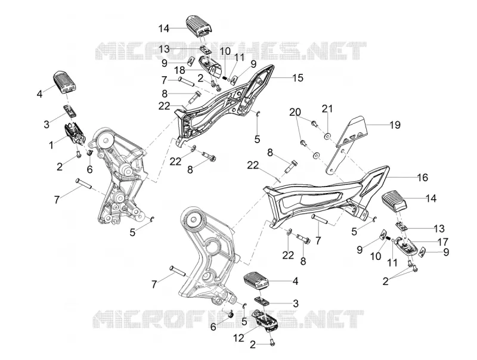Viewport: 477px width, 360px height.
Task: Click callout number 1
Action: pos(51,145)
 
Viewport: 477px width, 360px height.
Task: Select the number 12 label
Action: pos(239,337)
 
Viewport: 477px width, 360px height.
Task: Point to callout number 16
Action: pos(423,177)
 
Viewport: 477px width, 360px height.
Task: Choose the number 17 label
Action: pos(442,242)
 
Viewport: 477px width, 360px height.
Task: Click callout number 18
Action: pos(180,70)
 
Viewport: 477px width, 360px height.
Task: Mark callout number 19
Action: pos(395,125)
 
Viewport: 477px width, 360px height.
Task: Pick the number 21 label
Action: pos(327,109)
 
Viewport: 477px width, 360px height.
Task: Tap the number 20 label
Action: pos(295,112)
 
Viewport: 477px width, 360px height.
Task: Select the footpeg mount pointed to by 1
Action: pos(73,134)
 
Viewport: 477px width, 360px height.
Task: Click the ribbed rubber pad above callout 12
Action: pos(256,280)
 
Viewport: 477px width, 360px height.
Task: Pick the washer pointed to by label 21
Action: pos(327,136)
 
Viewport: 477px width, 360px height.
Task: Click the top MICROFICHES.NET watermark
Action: pos(231,51)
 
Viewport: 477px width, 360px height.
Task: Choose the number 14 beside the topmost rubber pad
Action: pos(163,29)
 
